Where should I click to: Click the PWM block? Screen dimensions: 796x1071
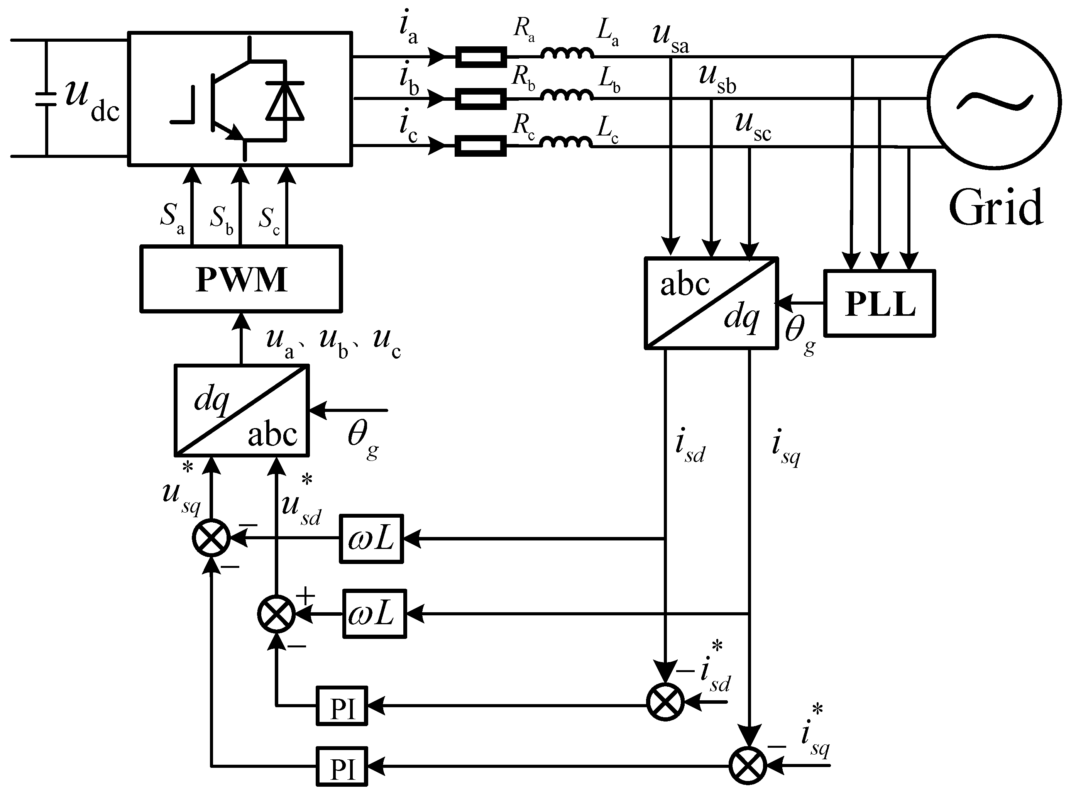(x=241, y=279)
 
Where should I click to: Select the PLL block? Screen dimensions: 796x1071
(x=879, y=303)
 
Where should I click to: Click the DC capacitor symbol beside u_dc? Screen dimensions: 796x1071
(x=47, y=98)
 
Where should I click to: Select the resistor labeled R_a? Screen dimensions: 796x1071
(x=481, y=57)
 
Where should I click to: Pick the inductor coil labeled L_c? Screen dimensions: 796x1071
(x=566, y=142)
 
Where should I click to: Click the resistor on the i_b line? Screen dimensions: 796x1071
(x=481, y=99)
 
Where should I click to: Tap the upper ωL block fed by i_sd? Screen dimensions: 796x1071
(x=371, y=539)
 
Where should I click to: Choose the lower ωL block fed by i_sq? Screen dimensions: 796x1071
(x=374, y=614)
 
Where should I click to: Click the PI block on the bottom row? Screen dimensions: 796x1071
(x=342, y=766)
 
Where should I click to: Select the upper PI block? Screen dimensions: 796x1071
(x=342, y=706)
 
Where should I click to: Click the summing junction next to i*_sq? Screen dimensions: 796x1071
(x=747, y=766)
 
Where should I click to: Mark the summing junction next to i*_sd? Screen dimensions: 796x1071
(x=665, y=702)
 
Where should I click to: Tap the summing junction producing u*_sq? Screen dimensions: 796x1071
(x=211, y=539)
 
